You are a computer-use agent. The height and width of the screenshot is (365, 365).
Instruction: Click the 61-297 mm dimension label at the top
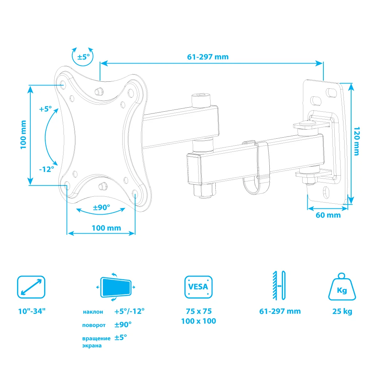point(208,57)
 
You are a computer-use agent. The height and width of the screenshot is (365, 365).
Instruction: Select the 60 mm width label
point(328,215)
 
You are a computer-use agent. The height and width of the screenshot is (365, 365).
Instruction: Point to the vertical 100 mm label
point(23,134)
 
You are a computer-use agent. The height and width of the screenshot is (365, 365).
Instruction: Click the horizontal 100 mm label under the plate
point(106,228)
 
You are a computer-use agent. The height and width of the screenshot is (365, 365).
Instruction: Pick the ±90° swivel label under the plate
point(101,207)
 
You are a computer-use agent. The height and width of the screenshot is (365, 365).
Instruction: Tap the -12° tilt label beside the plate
point(47,169)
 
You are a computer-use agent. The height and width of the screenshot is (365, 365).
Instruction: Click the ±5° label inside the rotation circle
point(83,57)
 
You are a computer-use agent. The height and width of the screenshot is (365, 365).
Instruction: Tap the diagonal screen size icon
point(31,287)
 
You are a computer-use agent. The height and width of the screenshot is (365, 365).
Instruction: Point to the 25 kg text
point(342,311)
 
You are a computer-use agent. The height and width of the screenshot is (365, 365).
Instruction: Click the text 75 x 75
point(199,311)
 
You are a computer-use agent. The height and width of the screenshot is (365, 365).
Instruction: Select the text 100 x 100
point(199,321)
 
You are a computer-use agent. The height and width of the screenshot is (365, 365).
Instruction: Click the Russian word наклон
point(93,312)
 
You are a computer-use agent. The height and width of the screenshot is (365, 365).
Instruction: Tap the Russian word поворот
point(94,325)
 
